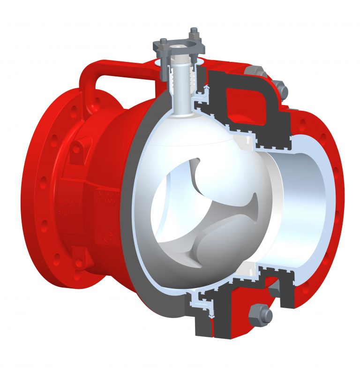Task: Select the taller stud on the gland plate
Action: tap(194, 38)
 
